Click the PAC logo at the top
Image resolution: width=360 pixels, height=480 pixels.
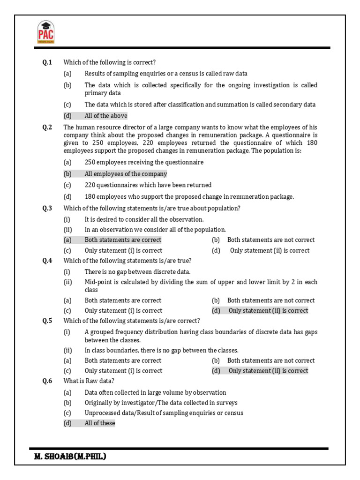pos(45,33)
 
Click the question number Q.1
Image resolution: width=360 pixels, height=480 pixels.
pos(47,62)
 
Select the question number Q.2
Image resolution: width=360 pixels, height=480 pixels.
pos(47,127)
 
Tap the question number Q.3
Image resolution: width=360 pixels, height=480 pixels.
pos(47,208)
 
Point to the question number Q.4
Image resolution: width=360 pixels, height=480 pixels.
pos(47,261)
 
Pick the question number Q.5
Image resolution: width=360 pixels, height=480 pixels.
pos(47,321)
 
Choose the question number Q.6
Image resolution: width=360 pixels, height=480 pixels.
pos(47,381)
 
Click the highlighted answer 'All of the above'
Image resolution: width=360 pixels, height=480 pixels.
pos(105,116)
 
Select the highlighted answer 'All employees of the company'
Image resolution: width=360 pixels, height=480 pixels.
pos(126,174)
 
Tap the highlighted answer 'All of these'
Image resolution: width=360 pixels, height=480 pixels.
pos(99,423)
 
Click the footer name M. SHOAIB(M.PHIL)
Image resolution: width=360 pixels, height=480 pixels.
pos(70,456)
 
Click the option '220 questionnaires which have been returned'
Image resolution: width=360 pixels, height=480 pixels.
pos(148,185)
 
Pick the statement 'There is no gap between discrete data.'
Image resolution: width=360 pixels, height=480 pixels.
pos(137,271)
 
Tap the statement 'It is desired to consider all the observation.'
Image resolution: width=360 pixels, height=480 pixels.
pos(144,219)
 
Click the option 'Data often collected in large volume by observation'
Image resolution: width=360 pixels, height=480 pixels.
pos(155,392)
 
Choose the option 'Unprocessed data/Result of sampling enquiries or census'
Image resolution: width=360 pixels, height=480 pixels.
pos(164,413)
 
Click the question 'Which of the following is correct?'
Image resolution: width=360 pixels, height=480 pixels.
pos(109,62)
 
